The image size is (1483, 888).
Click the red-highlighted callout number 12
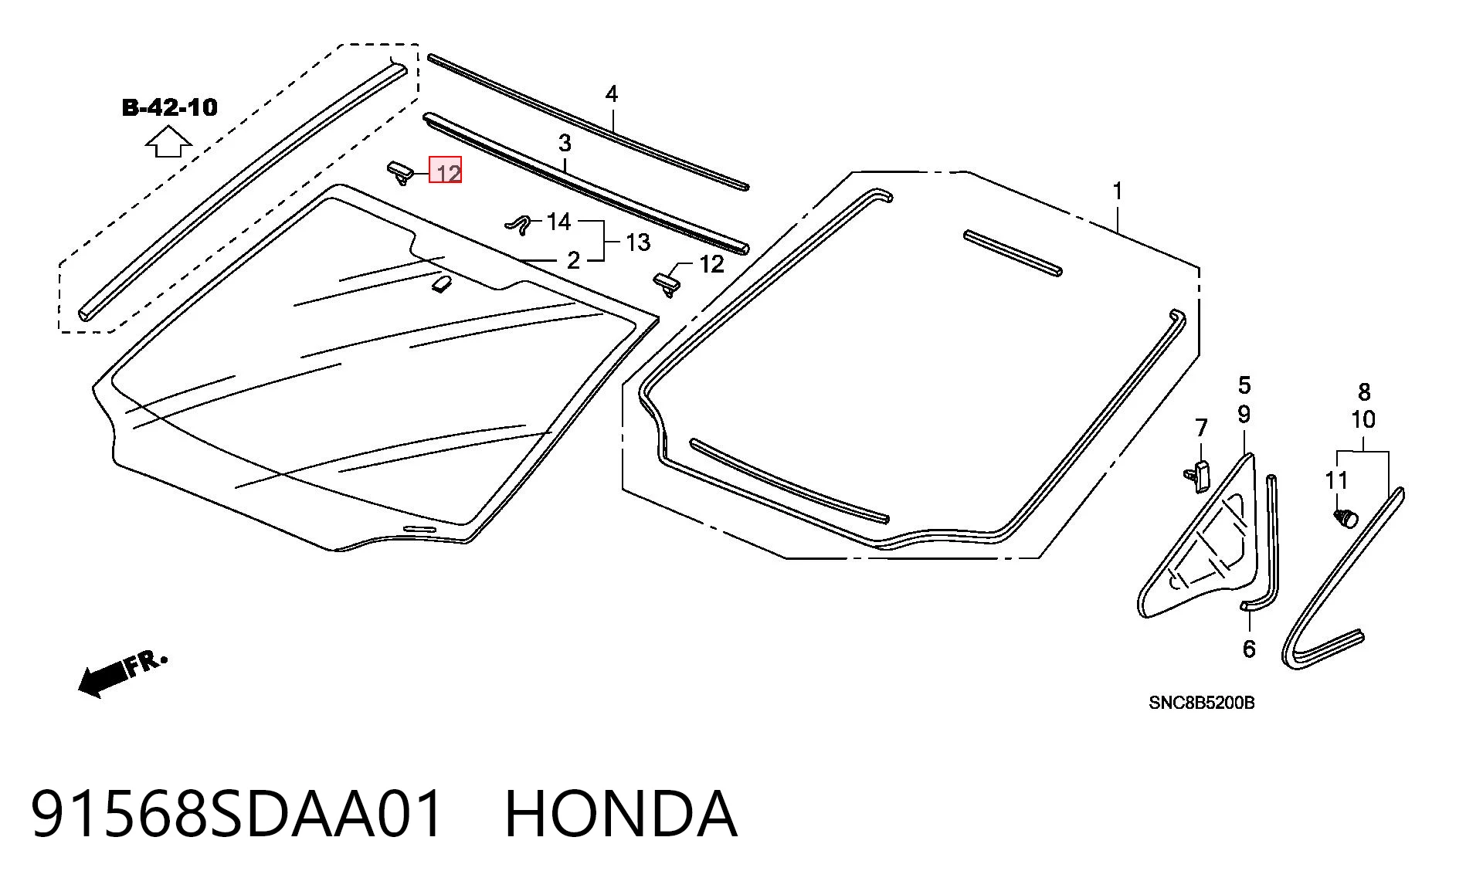[x=446, y=171]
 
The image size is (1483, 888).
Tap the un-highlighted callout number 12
[x=711, y=264]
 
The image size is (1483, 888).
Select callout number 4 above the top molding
[x=612, y=94]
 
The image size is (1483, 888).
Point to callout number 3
[x=565, y=143]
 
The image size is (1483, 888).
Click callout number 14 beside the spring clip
[x=558, y=222]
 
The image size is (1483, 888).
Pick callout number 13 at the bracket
[x=637, y=242]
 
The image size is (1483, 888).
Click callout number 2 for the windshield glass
[x=572, y=260]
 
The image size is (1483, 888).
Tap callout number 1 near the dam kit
[x=1117, y=190]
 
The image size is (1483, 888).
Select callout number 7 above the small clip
[x=1201, y=428]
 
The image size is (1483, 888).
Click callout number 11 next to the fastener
[x=1336, y=480]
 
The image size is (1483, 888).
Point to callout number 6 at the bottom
[x=1249, y=649]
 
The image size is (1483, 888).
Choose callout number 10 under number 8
[x=1363, y=419]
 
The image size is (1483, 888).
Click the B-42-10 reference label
[x=170, y=107]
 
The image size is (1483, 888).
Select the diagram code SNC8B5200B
[x=1202, y=703]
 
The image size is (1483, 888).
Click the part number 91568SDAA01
[x=238, y=813]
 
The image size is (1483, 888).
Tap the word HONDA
[x=621, y=813]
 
